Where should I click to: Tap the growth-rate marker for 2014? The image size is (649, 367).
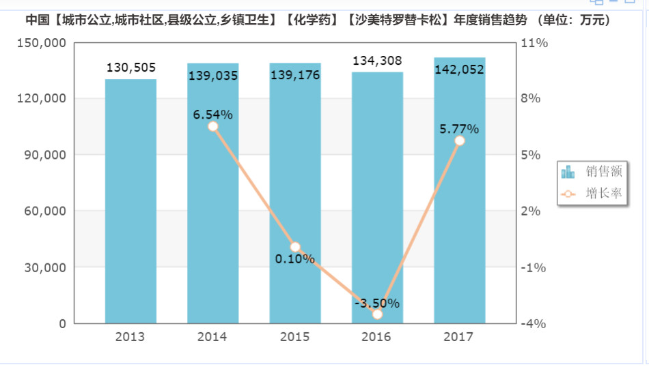212,126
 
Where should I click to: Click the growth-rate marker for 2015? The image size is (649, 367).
295,247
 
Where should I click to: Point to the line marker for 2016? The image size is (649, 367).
378,314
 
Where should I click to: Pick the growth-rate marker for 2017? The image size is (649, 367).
460,141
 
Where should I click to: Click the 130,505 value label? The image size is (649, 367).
131,68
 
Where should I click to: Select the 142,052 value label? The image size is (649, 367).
459,69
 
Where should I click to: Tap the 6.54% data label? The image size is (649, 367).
212,114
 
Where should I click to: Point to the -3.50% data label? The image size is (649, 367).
377,303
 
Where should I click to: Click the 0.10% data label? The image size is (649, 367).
295,259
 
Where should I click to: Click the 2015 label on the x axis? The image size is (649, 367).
294,337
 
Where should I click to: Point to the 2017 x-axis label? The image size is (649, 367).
458,337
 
